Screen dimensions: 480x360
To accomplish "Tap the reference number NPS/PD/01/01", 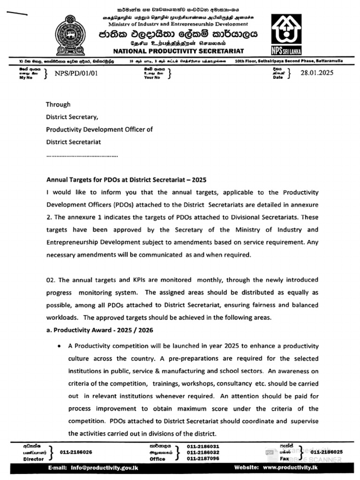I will point(76,74).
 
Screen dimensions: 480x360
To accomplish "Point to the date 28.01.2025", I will point(317,73).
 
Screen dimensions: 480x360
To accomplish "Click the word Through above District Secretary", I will point(58,105).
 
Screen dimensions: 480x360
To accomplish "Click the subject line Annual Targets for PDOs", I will point(126,180).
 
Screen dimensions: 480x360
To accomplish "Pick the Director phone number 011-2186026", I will point(76,452).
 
